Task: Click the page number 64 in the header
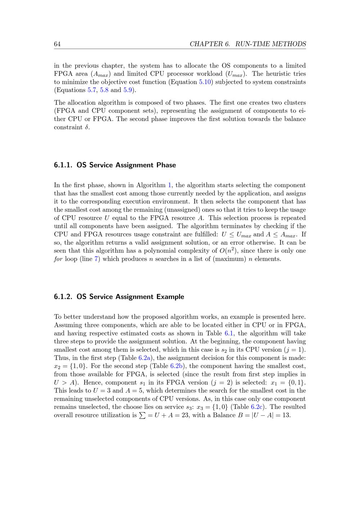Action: click(x=57, y=44)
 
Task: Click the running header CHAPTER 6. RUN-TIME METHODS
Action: click(x=248, y=44)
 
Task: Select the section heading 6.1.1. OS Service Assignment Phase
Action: click(x=115, y=165)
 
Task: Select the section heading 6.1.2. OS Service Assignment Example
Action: click(x=119, y=297)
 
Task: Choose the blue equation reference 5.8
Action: click(x=104, y=90)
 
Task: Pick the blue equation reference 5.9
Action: click(x=128, y=90)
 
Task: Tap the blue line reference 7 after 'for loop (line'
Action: click(x=96, y=259)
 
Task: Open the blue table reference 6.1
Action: click(x=229, y=333)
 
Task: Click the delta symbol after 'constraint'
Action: click(x=87, y=127)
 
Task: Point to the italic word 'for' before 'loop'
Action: click(x=58, y=259)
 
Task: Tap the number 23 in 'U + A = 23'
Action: click(x=185, y=415)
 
